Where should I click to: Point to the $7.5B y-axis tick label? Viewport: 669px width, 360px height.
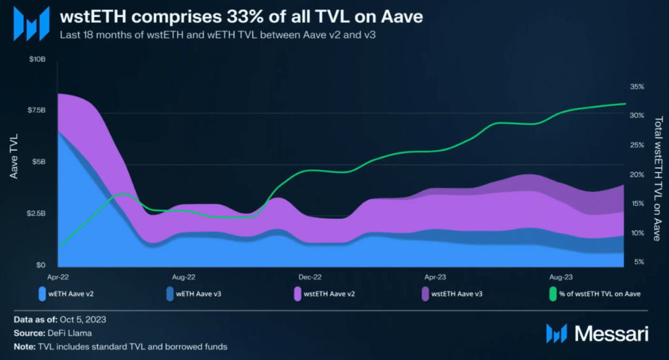(x=37, y=110)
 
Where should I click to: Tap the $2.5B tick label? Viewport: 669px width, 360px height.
(x=37, y=214)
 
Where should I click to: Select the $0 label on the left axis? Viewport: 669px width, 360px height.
(x=42, y=265)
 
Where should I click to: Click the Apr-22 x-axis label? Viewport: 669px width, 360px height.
(x=58, y=277)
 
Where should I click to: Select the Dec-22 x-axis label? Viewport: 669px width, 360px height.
(x=310, y=277)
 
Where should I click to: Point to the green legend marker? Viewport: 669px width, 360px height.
(x=554, y=293)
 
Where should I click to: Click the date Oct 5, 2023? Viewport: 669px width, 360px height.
(x=82, y=319)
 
